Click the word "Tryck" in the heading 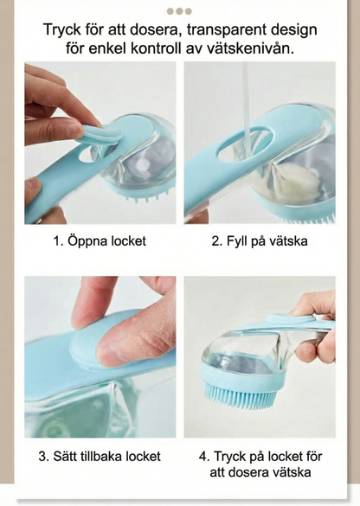[61, 30]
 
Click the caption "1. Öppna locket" [100, 241]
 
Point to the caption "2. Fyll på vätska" [260, 241]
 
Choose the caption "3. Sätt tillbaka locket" [100, 457]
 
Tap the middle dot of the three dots [179, 11]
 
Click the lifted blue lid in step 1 [102, 132]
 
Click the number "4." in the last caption [204, 457]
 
